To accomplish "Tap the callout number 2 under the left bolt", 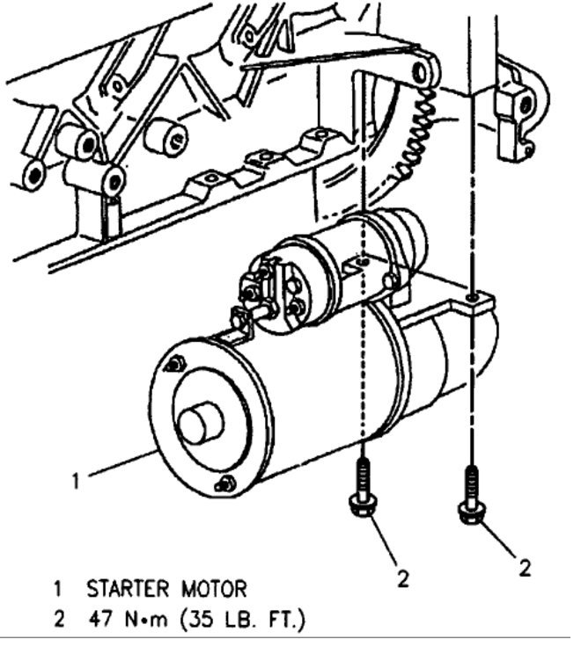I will (x=402, y=577).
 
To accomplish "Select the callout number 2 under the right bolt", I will (x=525, y=568).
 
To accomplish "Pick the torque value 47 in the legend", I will (x=100, y=620).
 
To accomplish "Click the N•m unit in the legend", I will (x=148, y=620).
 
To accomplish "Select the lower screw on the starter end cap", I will (x=226, y=483).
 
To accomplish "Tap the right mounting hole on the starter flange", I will (x=474, y=300).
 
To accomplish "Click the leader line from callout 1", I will (x=123, y=467).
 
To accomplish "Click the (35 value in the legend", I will (x=197, y=620).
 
